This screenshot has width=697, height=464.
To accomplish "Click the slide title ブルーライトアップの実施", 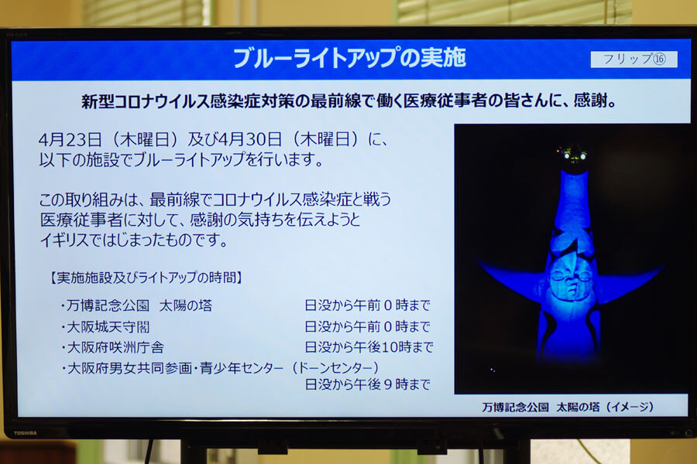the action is (349, 58).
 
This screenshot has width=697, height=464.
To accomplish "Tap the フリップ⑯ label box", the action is (633, 59).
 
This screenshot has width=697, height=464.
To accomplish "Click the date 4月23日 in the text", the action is (70, 140).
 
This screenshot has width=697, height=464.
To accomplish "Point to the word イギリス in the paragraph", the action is (65, 241).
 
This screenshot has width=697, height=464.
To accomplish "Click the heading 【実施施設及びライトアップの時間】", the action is (146, 278).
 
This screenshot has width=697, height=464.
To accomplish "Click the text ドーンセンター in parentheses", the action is (335, 367).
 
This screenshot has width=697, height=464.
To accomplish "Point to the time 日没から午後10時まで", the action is (369, 346).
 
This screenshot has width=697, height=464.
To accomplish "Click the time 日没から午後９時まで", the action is (368, 384).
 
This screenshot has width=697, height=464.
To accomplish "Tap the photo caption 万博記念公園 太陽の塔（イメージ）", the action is (568, 407).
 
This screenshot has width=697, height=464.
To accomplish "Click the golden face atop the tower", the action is (572, 157).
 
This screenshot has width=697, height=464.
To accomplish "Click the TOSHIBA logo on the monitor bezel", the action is (26, 433).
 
